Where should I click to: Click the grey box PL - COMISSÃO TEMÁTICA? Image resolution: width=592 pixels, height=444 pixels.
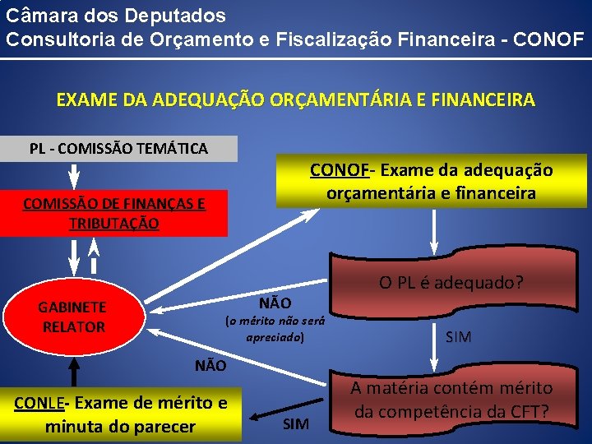pyautogui.click(x=118, y=149)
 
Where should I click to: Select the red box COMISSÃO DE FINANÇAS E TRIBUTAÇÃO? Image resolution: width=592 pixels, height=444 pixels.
pyautogui.click(x=113, y=214)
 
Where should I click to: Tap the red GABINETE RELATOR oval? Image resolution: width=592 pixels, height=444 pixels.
pyautogui.click(x=72, y=317)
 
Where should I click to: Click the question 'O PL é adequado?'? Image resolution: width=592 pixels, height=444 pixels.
pyautogui.click(x=451, y=284)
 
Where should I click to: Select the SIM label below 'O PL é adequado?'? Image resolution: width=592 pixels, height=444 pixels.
pyautogui.click(x=458, y=336)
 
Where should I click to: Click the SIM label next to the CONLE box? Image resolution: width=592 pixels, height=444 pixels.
pyautogui.click(x=296, y=423)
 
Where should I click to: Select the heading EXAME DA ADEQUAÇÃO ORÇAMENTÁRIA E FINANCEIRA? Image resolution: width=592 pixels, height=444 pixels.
pyautogui.click(x=295, y=100)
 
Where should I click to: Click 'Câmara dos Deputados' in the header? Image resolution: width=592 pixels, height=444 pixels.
pyautogui.click(x=115, y=15)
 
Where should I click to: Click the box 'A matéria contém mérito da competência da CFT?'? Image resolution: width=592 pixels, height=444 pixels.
pyautogui.click(x=452, y=399)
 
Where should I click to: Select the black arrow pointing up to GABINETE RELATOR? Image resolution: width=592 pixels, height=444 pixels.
pyautogui.click(x=73, y=368)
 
